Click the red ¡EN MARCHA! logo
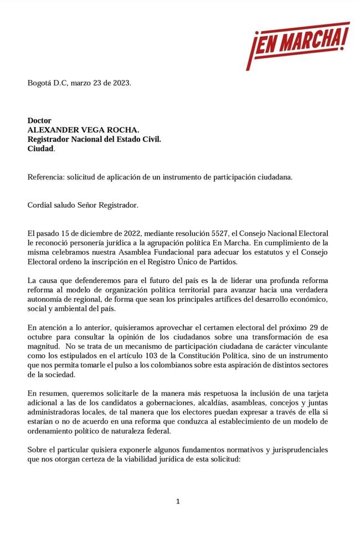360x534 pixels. [297, 45]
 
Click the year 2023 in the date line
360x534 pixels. [121, 83]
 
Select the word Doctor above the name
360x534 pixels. [39, 120]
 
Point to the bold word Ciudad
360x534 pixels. [41, 149]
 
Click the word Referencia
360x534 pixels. [46, 177]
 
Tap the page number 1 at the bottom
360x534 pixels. [178, 501]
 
